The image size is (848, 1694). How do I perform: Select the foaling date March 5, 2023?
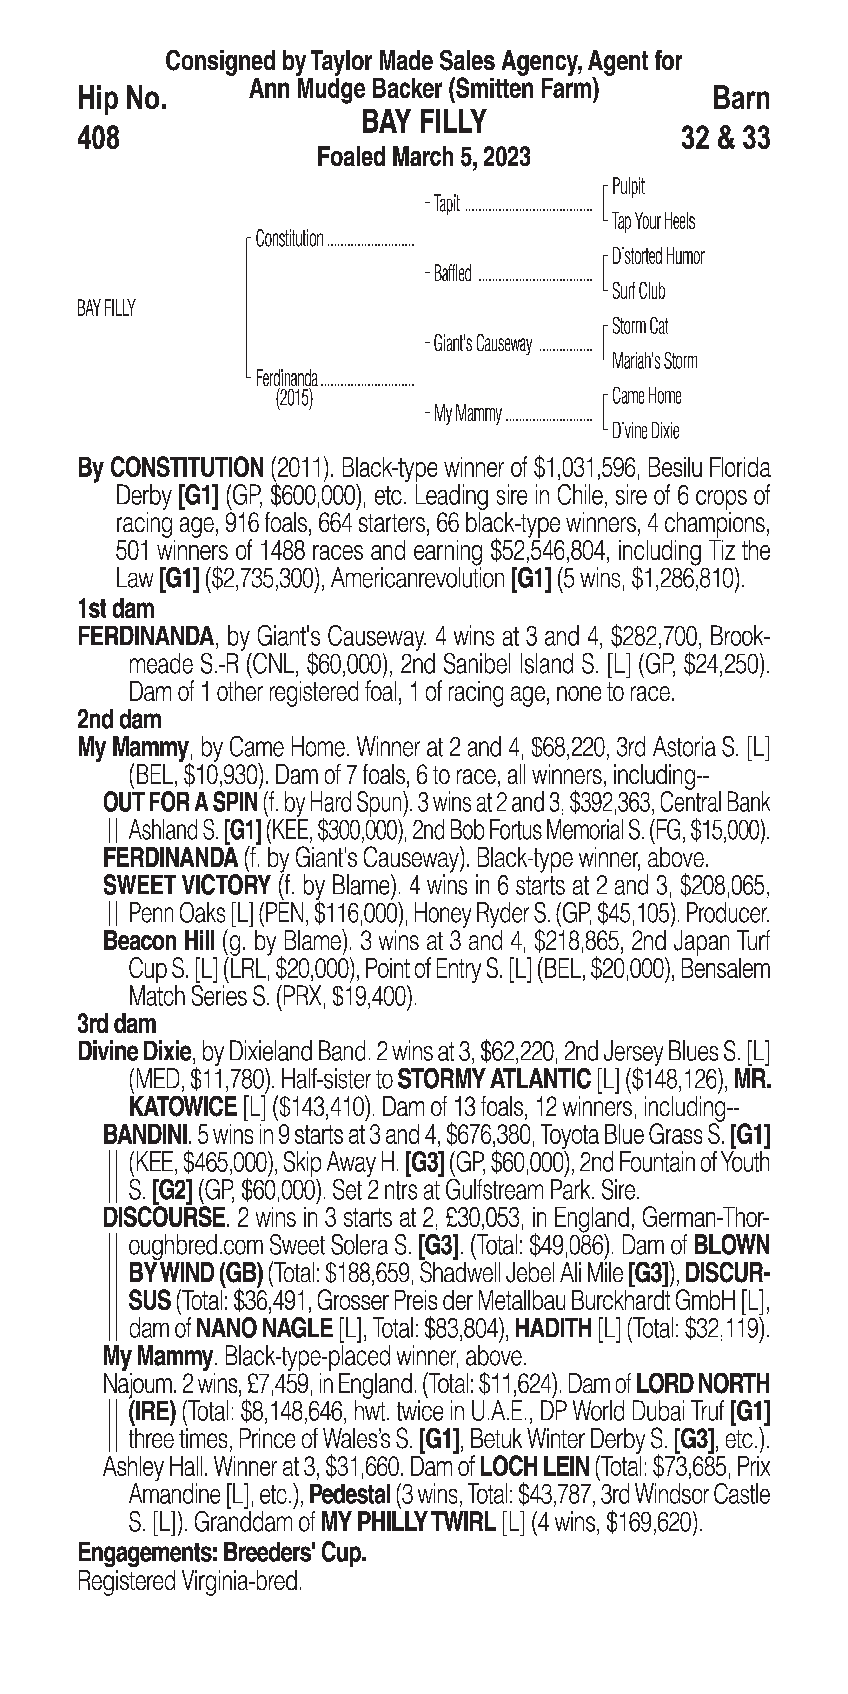pos(424,157)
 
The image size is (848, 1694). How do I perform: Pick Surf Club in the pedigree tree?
pos(638,291)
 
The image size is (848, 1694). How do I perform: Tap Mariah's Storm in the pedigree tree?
pos(654,361)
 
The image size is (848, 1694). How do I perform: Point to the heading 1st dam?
pos(116,609)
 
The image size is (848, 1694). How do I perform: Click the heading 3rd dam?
pos(117,1024)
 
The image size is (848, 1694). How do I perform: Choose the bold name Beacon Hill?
pos(159,941)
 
